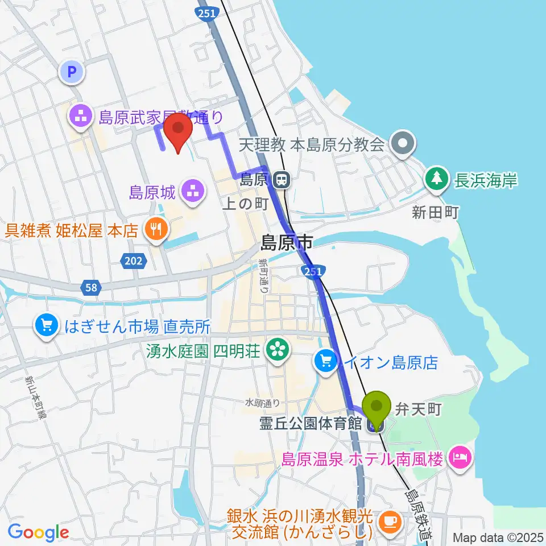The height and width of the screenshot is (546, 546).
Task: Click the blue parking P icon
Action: tap(72, 72)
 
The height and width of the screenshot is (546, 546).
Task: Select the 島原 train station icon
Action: tap(280, 181)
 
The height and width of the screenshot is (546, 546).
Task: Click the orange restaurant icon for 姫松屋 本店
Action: tap(155, 230)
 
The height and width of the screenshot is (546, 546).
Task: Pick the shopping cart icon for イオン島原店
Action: tap(326, 360)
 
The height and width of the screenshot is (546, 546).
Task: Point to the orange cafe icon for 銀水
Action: tap(390, 520)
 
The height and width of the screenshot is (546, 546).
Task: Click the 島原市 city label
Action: tap(287, 244)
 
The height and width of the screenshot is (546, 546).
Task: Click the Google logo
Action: tap(38, 532)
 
